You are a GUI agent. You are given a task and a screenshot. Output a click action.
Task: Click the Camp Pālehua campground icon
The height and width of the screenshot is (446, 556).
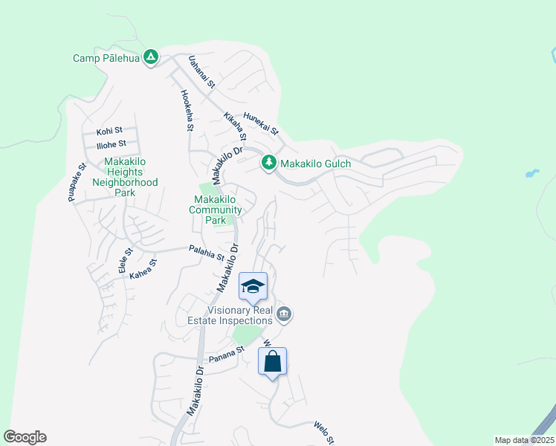151,56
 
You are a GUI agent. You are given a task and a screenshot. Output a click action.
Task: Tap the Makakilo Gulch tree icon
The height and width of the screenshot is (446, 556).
268,162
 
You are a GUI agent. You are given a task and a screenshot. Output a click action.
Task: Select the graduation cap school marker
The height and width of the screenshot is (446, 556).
253,286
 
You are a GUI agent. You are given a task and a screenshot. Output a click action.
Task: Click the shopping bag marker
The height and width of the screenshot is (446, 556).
272,362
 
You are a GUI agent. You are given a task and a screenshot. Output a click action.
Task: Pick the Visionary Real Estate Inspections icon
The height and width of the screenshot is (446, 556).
283,315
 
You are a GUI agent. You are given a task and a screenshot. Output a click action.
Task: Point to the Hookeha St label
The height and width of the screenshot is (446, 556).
186,111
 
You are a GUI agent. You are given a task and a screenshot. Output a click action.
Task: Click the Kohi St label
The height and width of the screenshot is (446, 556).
109,130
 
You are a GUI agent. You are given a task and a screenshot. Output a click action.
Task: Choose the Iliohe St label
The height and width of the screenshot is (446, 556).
111,143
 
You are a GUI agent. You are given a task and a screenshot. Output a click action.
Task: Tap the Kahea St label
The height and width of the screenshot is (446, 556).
143,269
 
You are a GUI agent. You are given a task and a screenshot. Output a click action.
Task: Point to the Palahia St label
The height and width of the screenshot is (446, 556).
207,253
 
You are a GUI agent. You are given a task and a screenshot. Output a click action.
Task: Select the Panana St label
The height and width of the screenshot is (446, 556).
226,354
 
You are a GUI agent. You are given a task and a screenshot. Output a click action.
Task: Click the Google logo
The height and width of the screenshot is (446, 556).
25,437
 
